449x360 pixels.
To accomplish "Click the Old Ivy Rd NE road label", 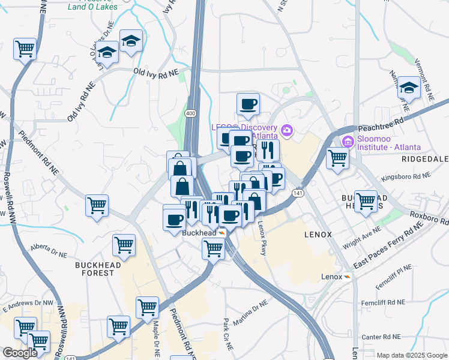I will pyautogui.click(x=157, y=73).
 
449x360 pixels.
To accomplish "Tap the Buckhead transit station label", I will pyautogui.click(x=199, y=233).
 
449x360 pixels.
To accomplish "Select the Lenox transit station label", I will pyautogui.click(x=331, y=277).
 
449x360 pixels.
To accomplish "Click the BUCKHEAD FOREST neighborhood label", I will pyautogui.click(x=94, y=269).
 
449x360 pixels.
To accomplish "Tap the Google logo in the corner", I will pyautogui.click(x=20, y=353).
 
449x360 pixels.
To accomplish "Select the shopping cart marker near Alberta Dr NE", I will pyautogui.click(x=124, y=244).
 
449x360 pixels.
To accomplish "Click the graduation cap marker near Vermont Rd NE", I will pyautogui.click(x=409, y=89).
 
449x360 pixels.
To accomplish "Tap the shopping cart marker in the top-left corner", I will pyautogui.click(x=25, y=49).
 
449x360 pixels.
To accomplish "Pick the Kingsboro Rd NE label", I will pyautogui.click(x=407, y=178).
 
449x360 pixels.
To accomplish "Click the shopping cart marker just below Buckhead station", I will pyautogui.click(x=214, y=248).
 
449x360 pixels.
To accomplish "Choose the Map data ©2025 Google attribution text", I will pyautogui.click(x=412, y=355).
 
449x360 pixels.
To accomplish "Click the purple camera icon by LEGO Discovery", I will pyautogui.click(x=286, y=130).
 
